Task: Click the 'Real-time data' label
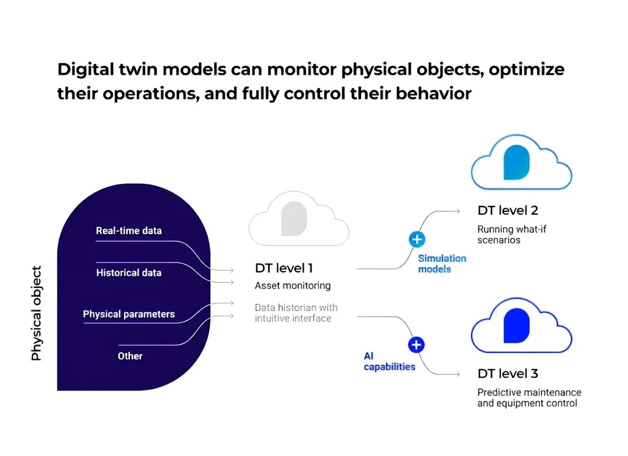point(129,230)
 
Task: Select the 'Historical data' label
point(129,273)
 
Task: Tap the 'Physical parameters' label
point(129,314)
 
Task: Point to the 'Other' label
point(130,356)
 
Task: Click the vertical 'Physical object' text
point(36,313)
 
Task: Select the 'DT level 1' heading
point(283,268)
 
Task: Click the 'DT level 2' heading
point(507,210)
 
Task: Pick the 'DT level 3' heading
point(507,373)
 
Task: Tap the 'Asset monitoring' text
point(293,286)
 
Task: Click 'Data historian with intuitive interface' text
point(296,313)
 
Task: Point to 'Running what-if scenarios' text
point(511,235)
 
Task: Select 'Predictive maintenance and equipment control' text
point(529,398)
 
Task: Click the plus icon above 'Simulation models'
point(417,240)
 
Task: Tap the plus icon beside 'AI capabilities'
point(416,344)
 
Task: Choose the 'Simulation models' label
point(442,264)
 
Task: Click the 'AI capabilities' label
point(389,362)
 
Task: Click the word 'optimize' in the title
point(526,70)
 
